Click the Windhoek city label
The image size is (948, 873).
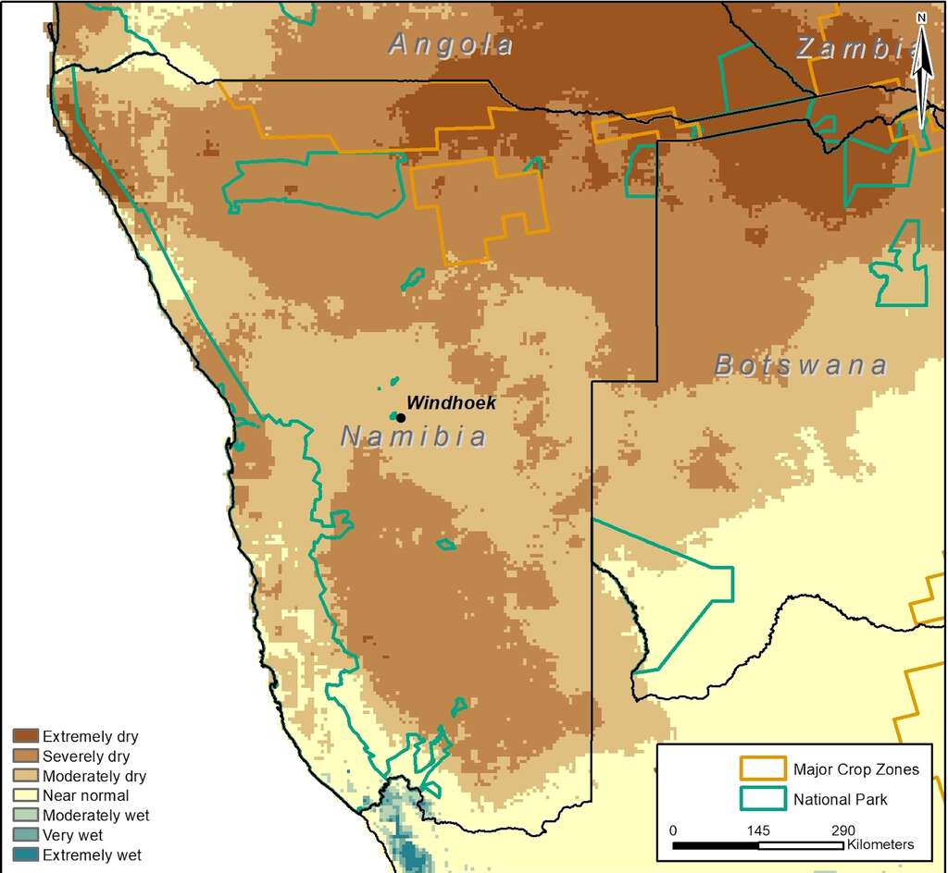click(452, 403)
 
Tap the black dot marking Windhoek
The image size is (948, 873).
click(400, 418)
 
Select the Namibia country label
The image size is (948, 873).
click(413, 436)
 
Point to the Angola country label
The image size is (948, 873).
click(450, 43)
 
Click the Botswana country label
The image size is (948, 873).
click(801, 365)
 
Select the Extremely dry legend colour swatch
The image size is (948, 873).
click(25, 737)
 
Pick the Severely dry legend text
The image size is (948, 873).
click(86, 756)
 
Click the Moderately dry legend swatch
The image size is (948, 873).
click(25, 777)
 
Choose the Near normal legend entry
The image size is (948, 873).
click(85, 796)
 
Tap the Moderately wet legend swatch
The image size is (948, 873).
click(25, 816)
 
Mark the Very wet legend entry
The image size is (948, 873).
click(73, 835)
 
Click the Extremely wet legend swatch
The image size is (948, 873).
click(25, 855)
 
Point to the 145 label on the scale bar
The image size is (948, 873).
click(758, 830)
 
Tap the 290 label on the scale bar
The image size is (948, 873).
click(843, 830)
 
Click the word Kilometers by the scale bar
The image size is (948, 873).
click(879, 844)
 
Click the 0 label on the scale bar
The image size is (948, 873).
click(673, 830)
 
